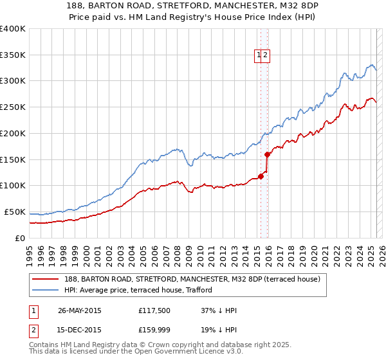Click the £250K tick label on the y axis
click(x=13, y=107)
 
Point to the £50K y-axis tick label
click(x=15, y=212)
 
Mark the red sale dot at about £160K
click(x=267, y=154)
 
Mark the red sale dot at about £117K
click(x=261, y=176)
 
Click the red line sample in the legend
click(x=45, y=278)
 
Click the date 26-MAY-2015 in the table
click(x=80, y=310)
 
